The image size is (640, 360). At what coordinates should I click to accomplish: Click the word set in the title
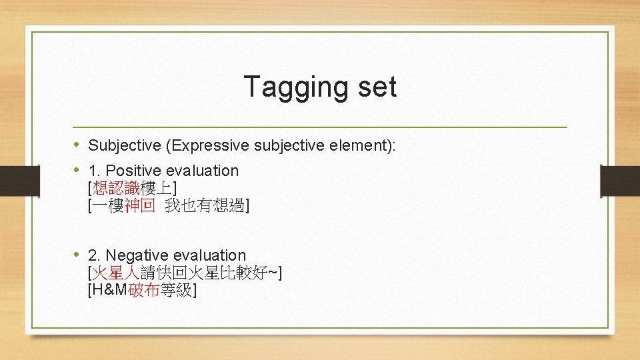(x=375, y=87)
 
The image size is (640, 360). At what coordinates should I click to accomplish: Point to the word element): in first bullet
(x=364, y=145)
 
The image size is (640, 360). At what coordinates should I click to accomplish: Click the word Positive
(x=136, y=171)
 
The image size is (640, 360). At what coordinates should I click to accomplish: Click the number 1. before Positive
(x=95, y=171)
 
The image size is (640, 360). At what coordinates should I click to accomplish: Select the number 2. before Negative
(x=95, y=255)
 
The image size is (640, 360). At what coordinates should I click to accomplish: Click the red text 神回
(x=139, y=206)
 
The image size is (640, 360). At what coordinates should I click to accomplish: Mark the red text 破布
(x=143, y=291)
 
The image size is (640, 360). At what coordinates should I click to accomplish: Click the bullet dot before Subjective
(x=77, y=145)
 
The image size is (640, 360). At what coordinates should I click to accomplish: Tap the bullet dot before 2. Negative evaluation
(x=77, y=255)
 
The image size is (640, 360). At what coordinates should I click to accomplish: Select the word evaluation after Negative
(x=215, y=255)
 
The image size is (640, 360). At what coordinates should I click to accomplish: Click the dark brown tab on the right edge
(x=619, y=180)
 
